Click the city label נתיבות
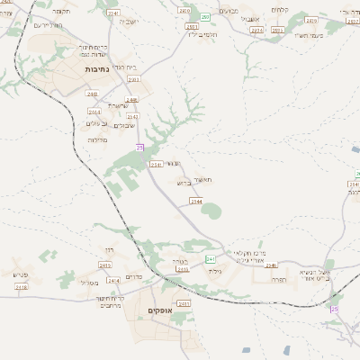click(97, 68)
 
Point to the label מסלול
click(90, 283)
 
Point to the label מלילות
click(98, 139)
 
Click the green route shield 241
click(210, 258)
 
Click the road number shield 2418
click(22, 286)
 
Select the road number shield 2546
click(270, 265)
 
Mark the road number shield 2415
click(104, 265)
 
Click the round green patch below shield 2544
click(211, 211)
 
